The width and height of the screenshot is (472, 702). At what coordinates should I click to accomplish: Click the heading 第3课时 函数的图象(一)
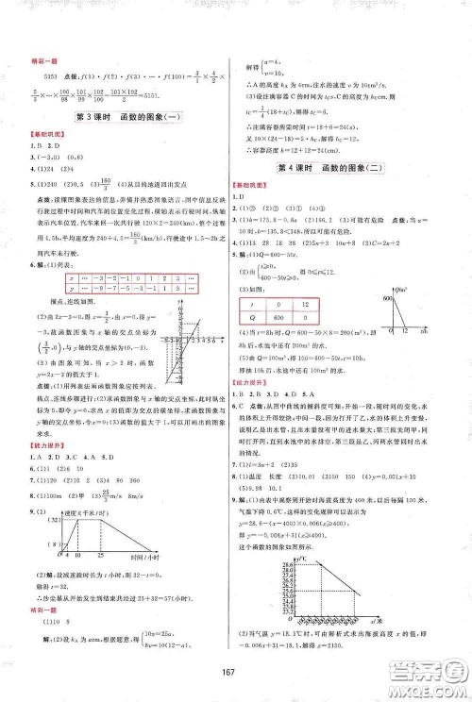[118, 117]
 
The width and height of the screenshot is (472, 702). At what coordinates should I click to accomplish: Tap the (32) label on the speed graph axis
[53, 519]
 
